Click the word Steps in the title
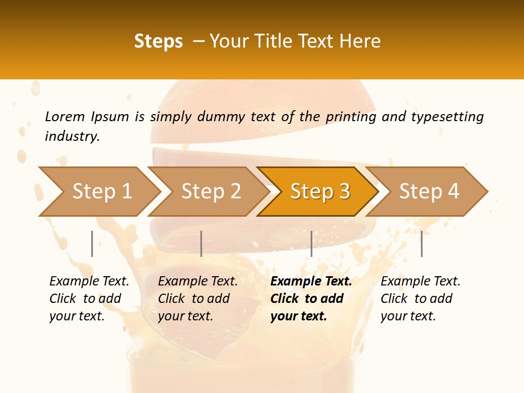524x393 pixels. pyautogui.click(x=158, y=41)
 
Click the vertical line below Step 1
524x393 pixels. pyautogui.click(x=92, y=243)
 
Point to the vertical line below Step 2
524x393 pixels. pyautogui.click(x=201, y=243)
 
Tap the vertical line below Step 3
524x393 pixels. pyautogui.click(x=311, y=243)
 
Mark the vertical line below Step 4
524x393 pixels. pyautogui.click(x=421, y=243)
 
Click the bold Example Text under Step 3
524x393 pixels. pyautogui.click(x=311, y=282)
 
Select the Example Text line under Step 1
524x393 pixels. pyautogui.click(x=89, y=282)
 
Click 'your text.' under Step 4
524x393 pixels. pyautogui.click(x=408, y=317)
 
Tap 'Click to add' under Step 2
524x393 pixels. pyautogui.click(x=194, y=299)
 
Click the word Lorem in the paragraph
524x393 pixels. pyautogui.click(x=65, y=117)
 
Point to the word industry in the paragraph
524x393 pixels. pyautogui.click(x=72, y=136)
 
